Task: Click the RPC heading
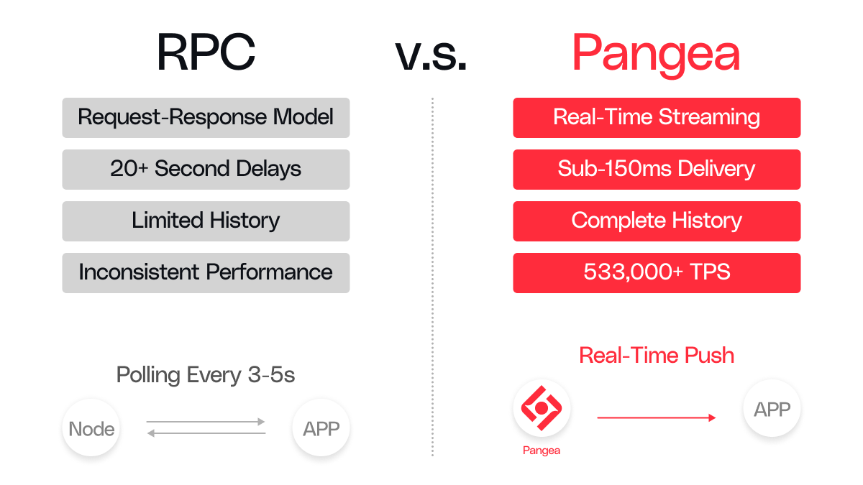pos(206,52)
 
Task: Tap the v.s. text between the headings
pos(431,57)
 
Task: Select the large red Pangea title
pos(656,55)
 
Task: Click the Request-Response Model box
pos(206,118)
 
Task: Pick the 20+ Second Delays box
pos(206,170)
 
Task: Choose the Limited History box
pos(206,221)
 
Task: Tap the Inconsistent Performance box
pos(206,273)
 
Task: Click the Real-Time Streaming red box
pos(657,118)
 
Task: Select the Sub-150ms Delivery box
pos(657,170)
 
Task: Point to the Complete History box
pos(657,221)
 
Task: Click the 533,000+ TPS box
pos(657,273)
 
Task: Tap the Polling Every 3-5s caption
pos(206,375)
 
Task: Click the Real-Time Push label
pos(657,355)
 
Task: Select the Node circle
pos(91,428)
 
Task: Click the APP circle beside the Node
pos(321,428)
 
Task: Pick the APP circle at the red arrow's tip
pos(772,408)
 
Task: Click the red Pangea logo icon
pos(542,408)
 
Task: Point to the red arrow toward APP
pos(657,417)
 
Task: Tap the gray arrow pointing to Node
pos(206,433)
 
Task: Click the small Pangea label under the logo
pos(542,451)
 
